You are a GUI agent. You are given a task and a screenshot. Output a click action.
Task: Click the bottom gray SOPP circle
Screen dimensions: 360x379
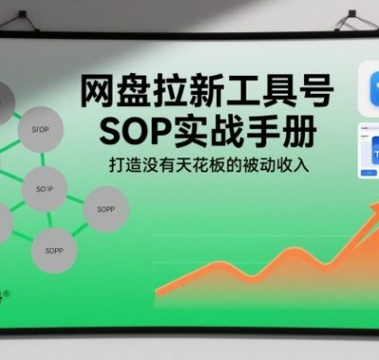[53, 252]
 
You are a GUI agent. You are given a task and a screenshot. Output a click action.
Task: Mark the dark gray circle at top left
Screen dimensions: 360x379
[3, 98]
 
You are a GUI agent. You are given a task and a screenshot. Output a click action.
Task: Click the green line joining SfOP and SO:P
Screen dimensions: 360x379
[43, 156]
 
